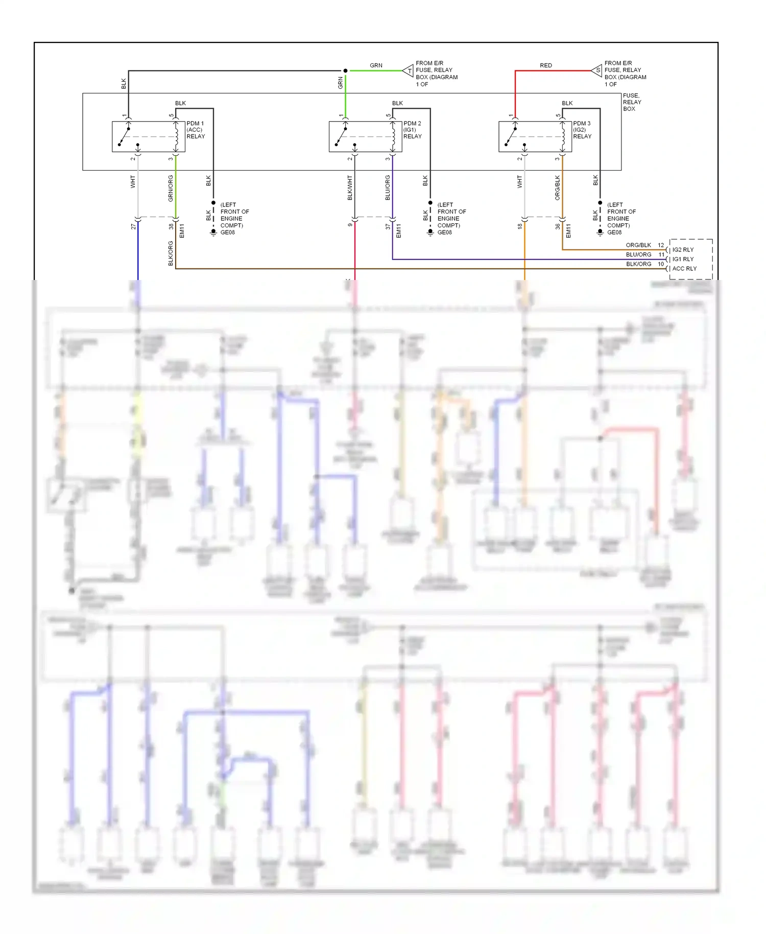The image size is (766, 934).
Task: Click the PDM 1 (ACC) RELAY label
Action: (x=196, y=130)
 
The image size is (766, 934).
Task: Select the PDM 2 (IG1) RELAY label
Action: (x=412, y=130)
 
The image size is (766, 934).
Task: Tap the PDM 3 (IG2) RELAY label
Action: (x=582, y=130)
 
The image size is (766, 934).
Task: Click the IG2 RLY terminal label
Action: (x=683, y=250)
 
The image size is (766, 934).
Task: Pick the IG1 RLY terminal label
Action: (x=683, y=259)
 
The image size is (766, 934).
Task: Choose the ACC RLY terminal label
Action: (x=684, y=268)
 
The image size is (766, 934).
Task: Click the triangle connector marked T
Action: (x=409, y=71)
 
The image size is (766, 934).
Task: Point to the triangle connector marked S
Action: (x=597, y=71)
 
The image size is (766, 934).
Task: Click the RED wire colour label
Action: (x=546, y=65)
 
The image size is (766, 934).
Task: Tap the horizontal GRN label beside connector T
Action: (x=376, y=65)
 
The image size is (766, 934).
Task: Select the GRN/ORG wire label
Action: (x=171, y=188)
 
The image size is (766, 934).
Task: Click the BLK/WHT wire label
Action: (x=350, y=188)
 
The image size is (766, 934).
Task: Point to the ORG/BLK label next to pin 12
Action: (x=638, y=245)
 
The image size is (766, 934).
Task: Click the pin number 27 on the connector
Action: (x=133, y=226)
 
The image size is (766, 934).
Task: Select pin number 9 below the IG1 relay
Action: (x=350, y=225)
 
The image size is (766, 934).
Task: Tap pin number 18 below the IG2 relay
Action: (x=520, y=226)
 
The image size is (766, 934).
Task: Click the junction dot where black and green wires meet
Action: (x=346, y=71)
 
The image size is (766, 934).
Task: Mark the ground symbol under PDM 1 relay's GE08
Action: (x=213, y=232)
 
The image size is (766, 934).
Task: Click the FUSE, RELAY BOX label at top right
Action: (x=632, y=102)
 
